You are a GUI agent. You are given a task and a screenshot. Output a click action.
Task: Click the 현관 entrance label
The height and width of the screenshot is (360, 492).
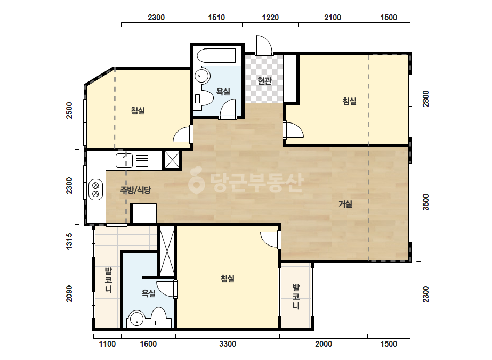pos(264,81)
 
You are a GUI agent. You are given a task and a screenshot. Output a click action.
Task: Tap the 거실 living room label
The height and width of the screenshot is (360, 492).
pos(345,204)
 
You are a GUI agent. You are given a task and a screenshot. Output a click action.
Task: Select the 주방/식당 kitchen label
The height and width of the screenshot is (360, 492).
pos(135,190)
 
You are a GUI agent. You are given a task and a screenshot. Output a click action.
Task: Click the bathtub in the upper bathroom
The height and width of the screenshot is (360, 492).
pos(216,56)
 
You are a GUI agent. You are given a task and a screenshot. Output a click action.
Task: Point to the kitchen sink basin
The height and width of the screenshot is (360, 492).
pos(124,161)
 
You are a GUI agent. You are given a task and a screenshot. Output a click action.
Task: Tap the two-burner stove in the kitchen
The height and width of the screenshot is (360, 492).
pos(96,190)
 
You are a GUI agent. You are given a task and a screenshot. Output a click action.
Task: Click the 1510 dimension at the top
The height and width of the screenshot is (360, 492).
pos(216,17)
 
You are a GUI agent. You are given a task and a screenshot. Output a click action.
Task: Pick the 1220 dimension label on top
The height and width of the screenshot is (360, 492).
pos(270,17)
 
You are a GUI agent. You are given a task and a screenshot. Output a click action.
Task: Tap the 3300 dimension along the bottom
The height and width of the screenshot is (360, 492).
pos(228,344)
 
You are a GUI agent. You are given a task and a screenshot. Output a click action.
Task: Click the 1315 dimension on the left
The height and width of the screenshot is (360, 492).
pos(69,241)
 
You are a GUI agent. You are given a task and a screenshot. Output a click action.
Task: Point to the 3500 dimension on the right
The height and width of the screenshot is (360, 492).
pos(425,202)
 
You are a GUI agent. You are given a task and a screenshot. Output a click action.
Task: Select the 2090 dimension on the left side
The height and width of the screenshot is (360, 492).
pos(69,293)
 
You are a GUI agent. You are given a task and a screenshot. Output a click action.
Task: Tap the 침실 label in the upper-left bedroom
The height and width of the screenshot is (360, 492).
pos(138,111)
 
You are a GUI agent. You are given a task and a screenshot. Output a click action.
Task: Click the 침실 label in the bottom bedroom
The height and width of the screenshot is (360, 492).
pos(228,279)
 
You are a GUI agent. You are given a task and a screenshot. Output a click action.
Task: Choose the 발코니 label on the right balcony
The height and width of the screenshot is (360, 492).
pos(296,296)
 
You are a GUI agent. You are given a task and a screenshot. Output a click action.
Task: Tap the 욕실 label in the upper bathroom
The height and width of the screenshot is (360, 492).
pos(223,92)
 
